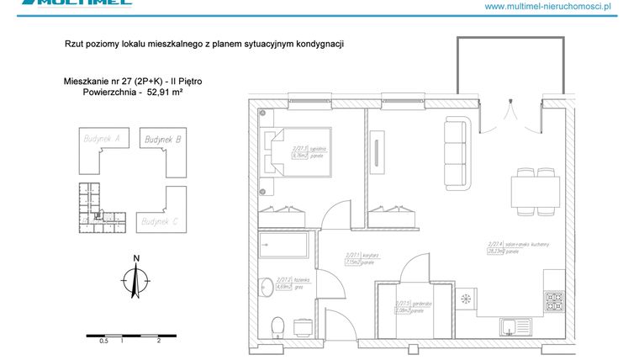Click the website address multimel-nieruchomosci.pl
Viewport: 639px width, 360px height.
click(547, 7)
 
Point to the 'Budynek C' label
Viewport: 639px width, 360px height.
click(159, 221)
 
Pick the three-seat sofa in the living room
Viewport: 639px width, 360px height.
click(455, 153)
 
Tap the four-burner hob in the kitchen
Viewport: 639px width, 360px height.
click(557, 299)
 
